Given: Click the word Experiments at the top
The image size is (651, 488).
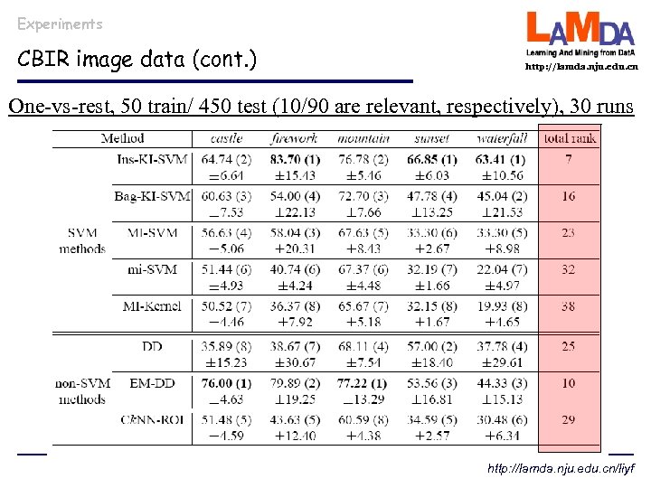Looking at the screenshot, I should coord(60,23).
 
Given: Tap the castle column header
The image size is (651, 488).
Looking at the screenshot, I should coord(226,138).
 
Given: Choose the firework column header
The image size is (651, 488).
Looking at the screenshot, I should coord(294,138).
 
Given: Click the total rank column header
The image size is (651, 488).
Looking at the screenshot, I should coord(569,138).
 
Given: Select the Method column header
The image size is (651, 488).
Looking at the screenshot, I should coord(122,138).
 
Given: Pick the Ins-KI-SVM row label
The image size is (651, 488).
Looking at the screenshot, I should coord(153,160).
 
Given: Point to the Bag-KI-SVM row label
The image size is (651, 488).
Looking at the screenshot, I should coord(151,196).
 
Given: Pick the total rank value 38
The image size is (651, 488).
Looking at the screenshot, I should coord(568,306).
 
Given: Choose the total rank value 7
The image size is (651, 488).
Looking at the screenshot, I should coord(568,160).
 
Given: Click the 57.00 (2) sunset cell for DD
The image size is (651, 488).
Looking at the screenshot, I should coord(430,346).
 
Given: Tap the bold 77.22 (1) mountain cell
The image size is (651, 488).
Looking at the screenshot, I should coord(362,383).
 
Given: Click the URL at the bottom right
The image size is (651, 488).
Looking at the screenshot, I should coord(562,470).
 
